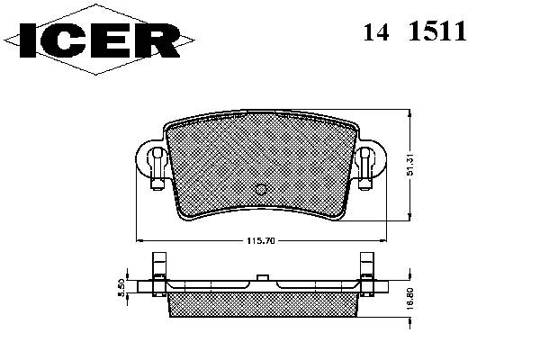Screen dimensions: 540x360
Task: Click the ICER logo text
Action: tap(100, 40)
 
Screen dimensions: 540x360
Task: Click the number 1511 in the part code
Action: tap(437, 31)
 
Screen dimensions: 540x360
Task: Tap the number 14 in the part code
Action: tap(376, 31)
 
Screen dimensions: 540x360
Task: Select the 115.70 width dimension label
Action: tap(261, 241)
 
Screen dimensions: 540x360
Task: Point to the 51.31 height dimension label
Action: tap(409, 165)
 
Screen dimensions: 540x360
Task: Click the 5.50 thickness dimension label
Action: tap(121, 288)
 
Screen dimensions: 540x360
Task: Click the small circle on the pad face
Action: tap(261, 189)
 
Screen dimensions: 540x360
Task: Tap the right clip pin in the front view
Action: tap(364, 168)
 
